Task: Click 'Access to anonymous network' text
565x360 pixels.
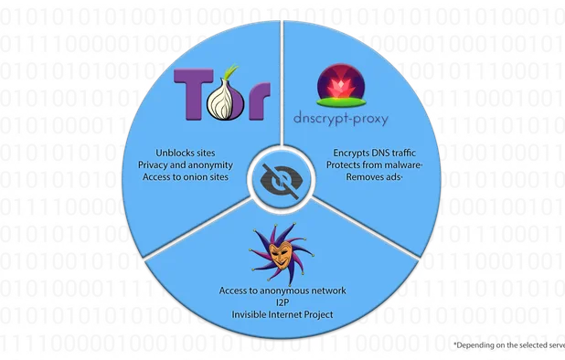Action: click(282, 291)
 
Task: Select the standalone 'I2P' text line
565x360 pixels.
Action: click(282, 302)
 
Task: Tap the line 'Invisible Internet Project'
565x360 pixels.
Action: click(282, 314)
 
